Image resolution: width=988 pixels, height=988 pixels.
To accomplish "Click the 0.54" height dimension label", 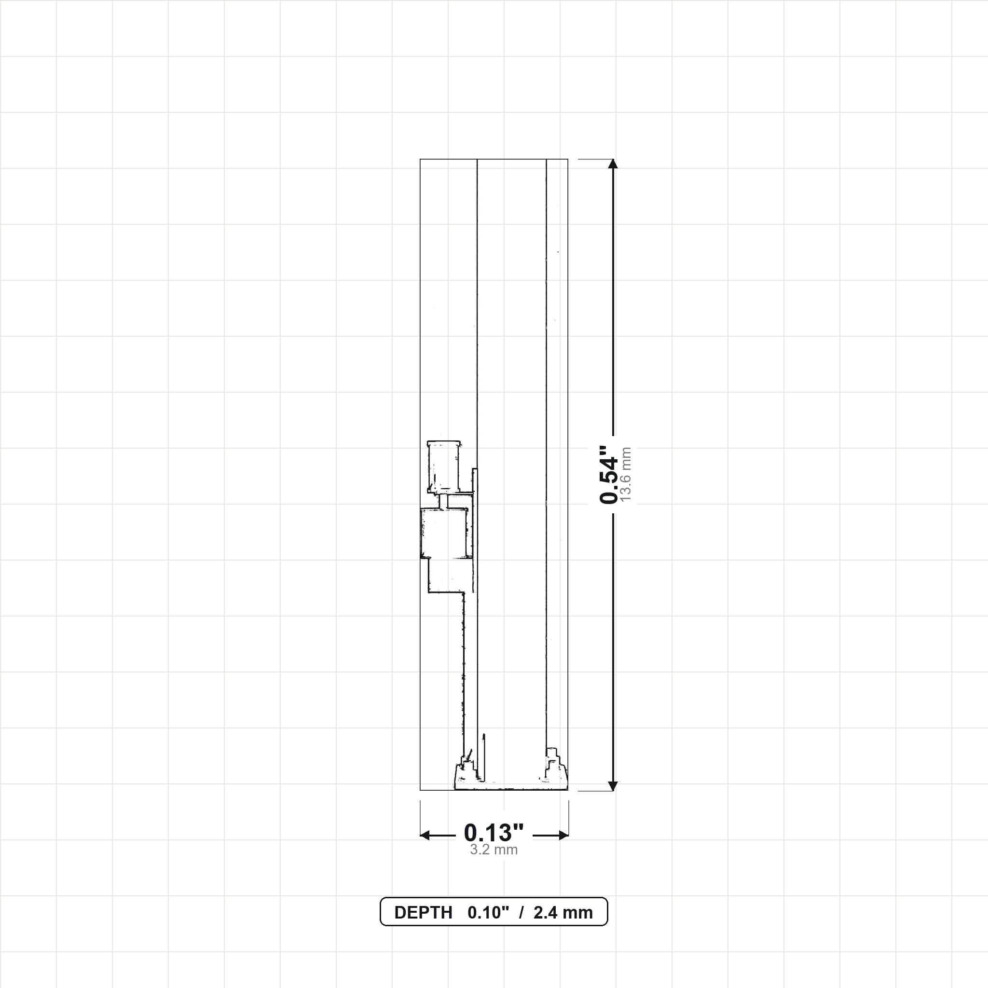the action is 608,474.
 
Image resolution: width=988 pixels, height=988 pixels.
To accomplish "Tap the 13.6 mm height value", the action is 626,474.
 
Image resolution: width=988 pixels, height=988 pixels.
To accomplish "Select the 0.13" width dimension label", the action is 494,833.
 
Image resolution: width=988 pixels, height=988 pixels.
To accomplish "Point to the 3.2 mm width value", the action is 494,850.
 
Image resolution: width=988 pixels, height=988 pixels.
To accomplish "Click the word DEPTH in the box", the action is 424,913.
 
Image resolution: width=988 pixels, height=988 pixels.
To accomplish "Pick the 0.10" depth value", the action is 488,913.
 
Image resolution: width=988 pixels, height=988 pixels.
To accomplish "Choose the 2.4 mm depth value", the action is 563,913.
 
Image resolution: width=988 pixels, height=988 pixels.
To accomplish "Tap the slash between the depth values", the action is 521,913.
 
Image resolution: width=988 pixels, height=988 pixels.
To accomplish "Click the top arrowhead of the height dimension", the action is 613,164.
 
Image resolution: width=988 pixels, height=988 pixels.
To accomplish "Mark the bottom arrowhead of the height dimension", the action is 613,786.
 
